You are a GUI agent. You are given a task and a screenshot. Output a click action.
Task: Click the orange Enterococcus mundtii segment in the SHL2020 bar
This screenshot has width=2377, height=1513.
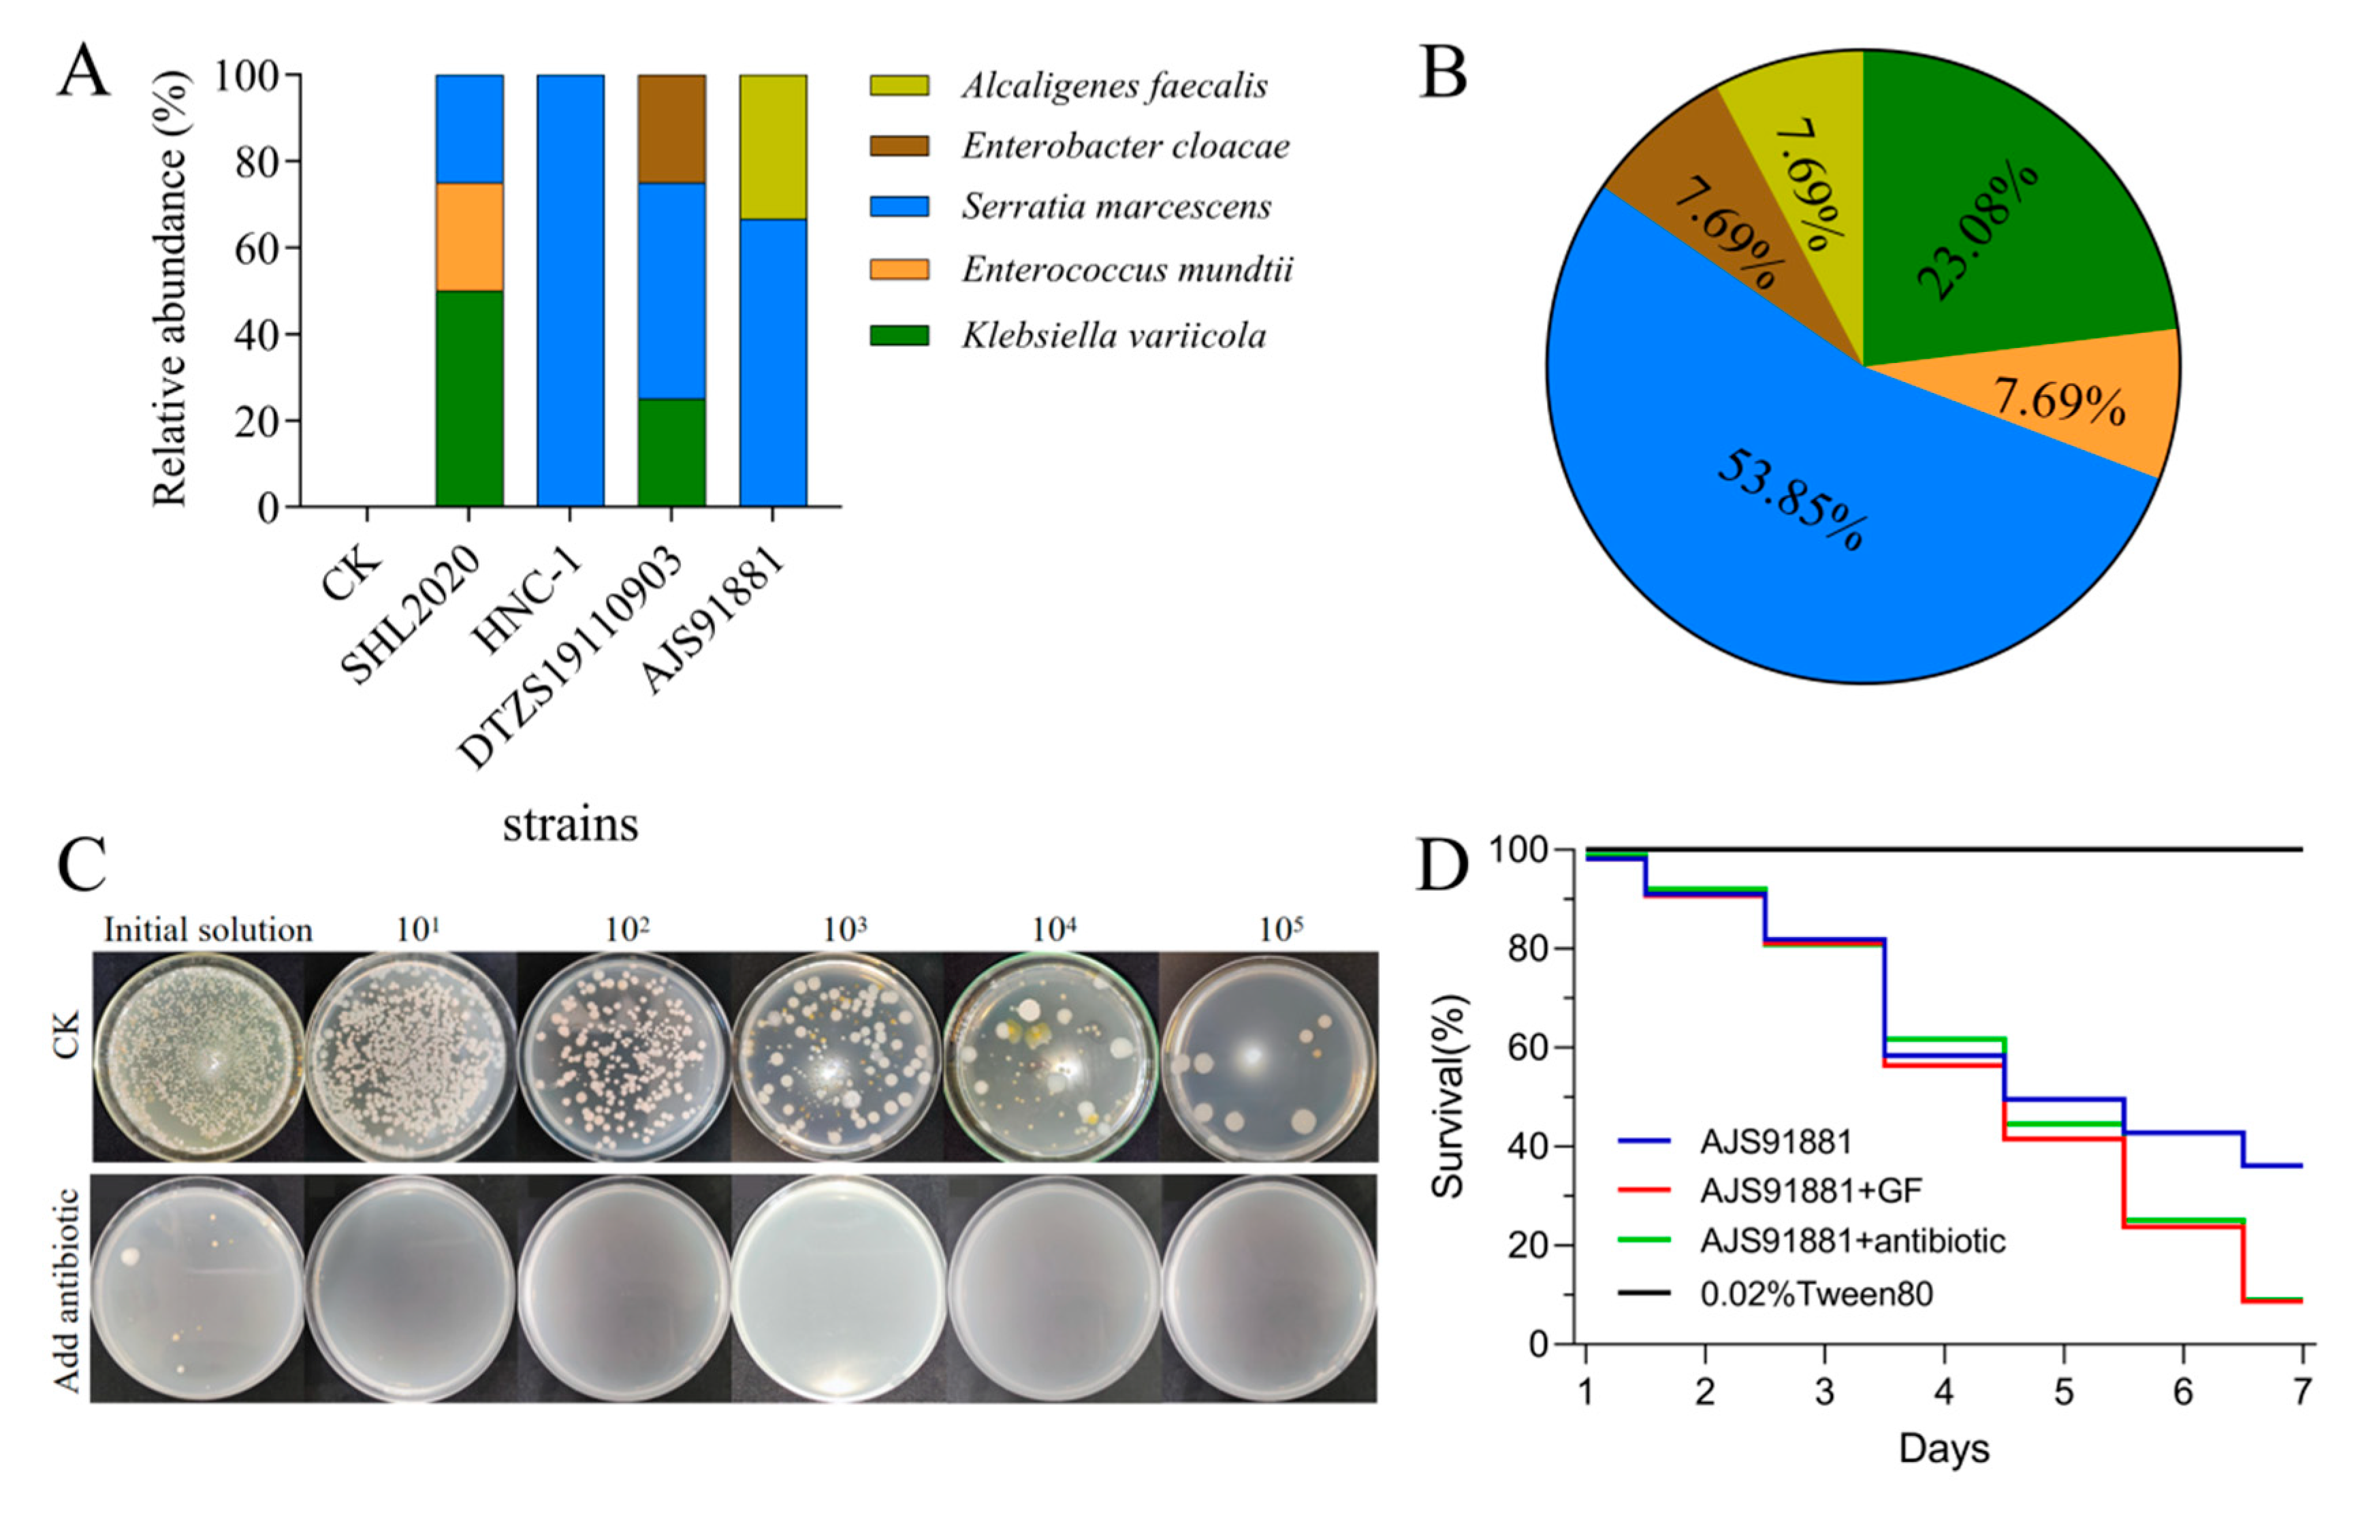469,237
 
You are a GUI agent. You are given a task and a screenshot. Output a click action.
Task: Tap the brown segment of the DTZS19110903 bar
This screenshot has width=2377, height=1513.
671,128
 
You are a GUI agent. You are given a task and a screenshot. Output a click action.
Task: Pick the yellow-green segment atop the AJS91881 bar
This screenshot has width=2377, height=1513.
773,146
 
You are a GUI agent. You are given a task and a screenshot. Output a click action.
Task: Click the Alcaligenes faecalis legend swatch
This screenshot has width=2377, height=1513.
898,86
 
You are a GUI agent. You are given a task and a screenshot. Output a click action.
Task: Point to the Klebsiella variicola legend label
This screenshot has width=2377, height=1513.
1113,336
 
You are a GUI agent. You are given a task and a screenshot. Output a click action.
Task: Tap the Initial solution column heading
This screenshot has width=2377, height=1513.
207,929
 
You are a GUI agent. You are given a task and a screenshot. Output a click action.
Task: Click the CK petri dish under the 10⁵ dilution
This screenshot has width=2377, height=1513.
1269,1059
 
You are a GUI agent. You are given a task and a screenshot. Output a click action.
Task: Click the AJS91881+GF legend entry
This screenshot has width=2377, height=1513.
1809,1191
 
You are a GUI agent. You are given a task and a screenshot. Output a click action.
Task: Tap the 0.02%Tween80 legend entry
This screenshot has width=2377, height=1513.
1815,1294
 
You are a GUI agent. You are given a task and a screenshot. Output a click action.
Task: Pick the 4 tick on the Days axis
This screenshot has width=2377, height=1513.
1944,1392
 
